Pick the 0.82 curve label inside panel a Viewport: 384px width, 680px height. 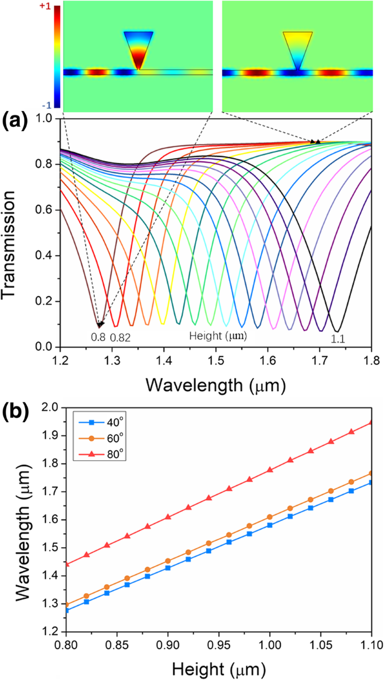(x=120, y=337)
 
